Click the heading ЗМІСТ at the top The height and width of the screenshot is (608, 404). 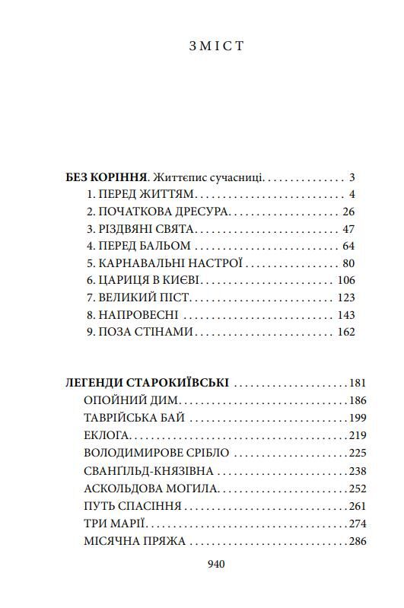point(216,46)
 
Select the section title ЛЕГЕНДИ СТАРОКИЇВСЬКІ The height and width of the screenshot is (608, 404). point(149,384)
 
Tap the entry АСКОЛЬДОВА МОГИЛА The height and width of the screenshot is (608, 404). point(149,489)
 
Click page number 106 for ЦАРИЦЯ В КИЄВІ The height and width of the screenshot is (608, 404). point(345,280)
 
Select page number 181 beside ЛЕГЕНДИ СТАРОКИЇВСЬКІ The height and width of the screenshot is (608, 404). point(357,384)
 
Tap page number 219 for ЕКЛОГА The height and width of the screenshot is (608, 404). point(357,435)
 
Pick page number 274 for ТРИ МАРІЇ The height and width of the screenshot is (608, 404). point(357,524)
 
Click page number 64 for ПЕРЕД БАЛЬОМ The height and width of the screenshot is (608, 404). point(349,246)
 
